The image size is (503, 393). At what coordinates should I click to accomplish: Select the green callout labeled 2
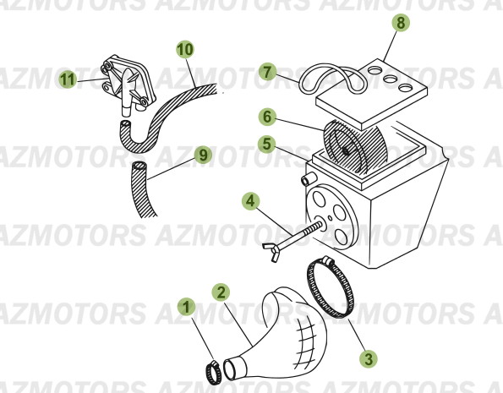(220, 292)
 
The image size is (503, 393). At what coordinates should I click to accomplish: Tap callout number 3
(368, 359)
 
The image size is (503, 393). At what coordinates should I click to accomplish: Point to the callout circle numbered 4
(249, 201)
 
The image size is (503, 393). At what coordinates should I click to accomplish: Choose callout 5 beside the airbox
(266, 145)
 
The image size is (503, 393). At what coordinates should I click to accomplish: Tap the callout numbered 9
(201, 154)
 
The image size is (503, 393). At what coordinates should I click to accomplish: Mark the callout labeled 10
(184, 49)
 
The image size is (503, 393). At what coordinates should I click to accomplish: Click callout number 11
(68, 79)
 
